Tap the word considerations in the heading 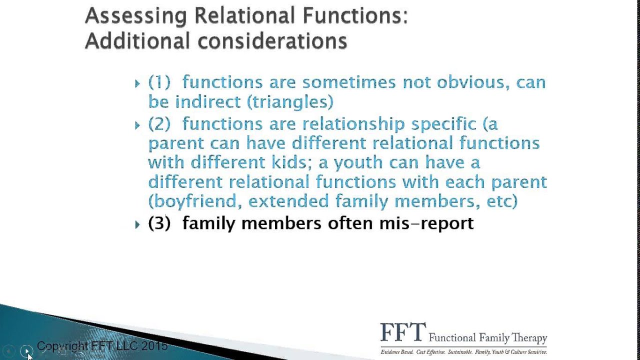click(272, 41)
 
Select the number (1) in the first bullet click(159, 82)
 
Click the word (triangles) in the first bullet click(289, 102)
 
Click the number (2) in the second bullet click(159, 124)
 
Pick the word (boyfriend click(192, 201)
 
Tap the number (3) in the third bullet click(159, 223)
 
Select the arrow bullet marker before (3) click(137, 224)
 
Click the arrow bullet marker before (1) click(137, 83)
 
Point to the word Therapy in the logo click(527, 338)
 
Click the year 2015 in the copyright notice click(154, 346)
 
